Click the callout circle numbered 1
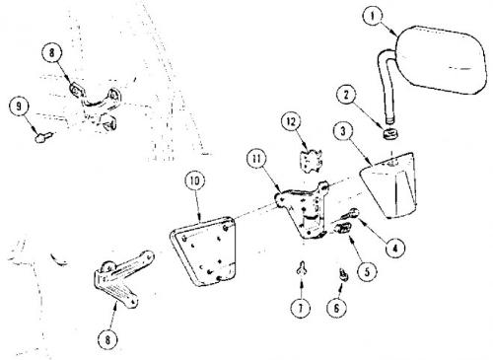[372, 16]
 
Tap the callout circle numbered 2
[346, 95]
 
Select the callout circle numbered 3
[343, 131]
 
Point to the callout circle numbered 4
[395, 248]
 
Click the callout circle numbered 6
[336, 308]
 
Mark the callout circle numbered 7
[301, 308]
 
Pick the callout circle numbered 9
[19, 107]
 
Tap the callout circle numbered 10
[195, 180]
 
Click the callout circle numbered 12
[291, 122]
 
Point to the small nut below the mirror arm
[391, 134]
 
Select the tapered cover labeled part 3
[389, 185]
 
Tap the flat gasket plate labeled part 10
[204, 252]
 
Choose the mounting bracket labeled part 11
[301, 209]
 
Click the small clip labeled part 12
[311, 161]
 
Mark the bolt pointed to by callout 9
[43, 137]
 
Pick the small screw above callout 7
[301, 268]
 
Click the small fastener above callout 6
[344, 274]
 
